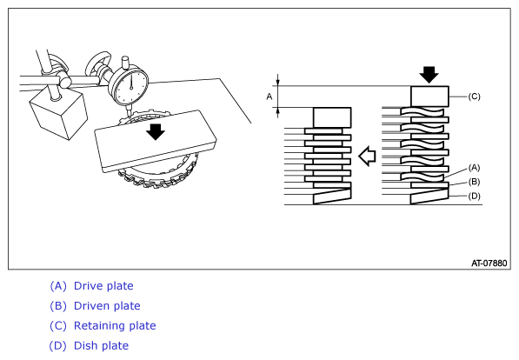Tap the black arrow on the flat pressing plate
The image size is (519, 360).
click(x=156, y=132)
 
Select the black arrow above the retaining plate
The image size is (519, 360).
click(x=429, y=75)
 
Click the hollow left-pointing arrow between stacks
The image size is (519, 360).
click(x=368, y=156)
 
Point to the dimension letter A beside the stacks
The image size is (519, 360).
click(x=269, y=97)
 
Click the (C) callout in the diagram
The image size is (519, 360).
click(x=474, y=97)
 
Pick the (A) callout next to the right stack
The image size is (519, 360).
click(x=474, y=168)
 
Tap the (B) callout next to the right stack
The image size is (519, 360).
click(x=474, y=182)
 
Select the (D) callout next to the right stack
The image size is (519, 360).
click(x=474, y=196)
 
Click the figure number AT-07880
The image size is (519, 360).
click(x=489, y=263)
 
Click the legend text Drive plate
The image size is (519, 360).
click(x=103, y=286)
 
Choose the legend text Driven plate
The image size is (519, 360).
click(x=107, y=306)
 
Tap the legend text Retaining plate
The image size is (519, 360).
click(x=115, y=326)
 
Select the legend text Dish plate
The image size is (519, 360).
click(x=102, y=346)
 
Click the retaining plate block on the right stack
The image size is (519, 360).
click(x=429, y=97)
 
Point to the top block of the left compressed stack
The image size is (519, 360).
click(x=332, y=117)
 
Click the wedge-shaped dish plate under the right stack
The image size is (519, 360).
click(x=429, y=197)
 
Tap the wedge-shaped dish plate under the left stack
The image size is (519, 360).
click(x=332, y=197)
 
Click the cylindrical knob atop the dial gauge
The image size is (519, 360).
click(x=126, y=63)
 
